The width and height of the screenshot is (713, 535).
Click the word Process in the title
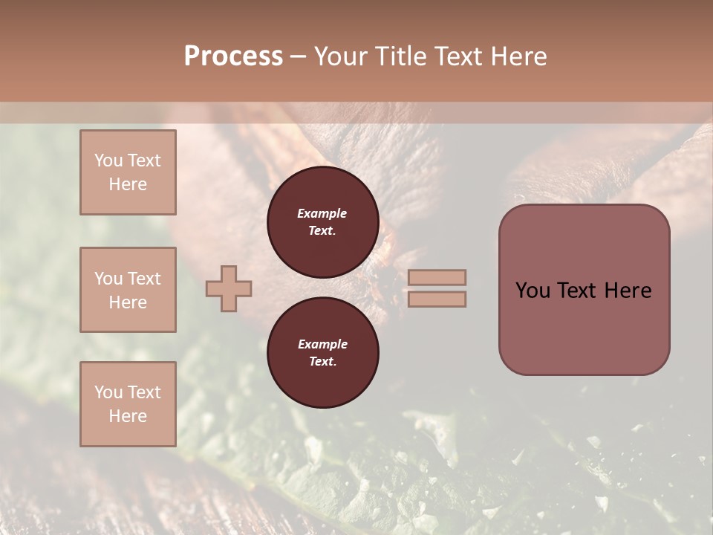click(233, 56)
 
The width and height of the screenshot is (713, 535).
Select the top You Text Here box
click(128, 172)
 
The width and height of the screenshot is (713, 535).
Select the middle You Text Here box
click(128, 290)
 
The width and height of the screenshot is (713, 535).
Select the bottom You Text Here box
click(128, 404)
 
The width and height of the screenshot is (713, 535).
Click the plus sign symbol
click(229, 288)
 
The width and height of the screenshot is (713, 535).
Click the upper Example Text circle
click(322, 222)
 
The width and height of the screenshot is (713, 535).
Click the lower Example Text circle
click(322, 353)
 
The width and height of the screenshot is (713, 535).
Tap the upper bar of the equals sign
click(437, 277)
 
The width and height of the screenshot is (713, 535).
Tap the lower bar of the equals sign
click(437, 299)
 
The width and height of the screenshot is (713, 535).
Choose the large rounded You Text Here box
click(584, 290)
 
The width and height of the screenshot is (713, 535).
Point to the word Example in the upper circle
click(322, 213)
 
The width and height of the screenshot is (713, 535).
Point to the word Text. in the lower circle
click(322, 361)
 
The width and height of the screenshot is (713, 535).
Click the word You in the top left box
click(108, 160)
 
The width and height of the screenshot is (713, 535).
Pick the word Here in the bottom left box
click(128, 416)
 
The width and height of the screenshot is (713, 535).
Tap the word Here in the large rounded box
click(628, 291)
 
